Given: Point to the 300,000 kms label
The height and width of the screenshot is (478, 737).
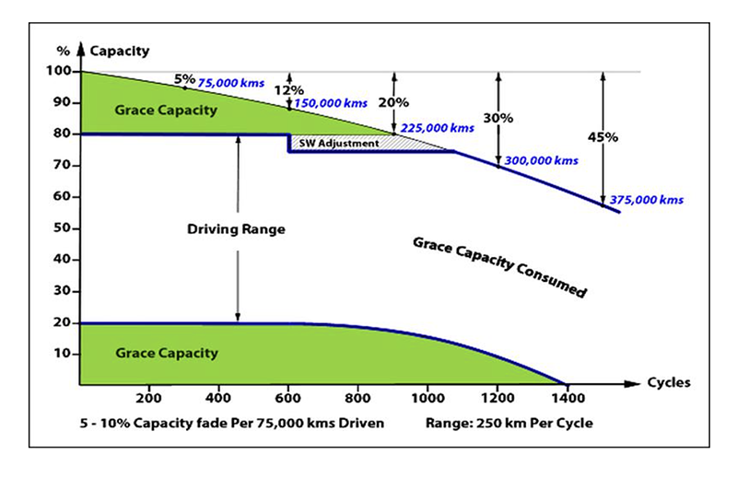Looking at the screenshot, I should [x=541, y=160].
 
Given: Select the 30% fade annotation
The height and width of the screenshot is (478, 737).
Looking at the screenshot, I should [x=497, y=119].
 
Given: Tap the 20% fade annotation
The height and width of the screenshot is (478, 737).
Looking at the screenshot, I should [x=393, y=104].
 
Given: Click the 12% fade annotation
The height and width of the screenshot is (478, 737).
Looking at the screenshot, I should [x=289, y=90].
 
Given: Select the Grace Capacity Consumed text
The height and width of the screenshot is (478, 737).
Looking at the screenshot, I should [x=498, y=266].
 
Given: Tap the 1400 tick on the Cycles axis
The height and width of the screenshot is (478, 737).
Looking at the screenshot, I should [x=565, y=399].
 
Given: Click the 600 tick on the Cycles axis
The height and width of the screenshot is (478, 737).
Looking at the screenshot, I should [x=288, y=399].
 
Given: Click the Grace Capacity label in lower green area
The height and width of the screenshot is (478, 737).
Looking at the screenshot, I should [x=167, y=353].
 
